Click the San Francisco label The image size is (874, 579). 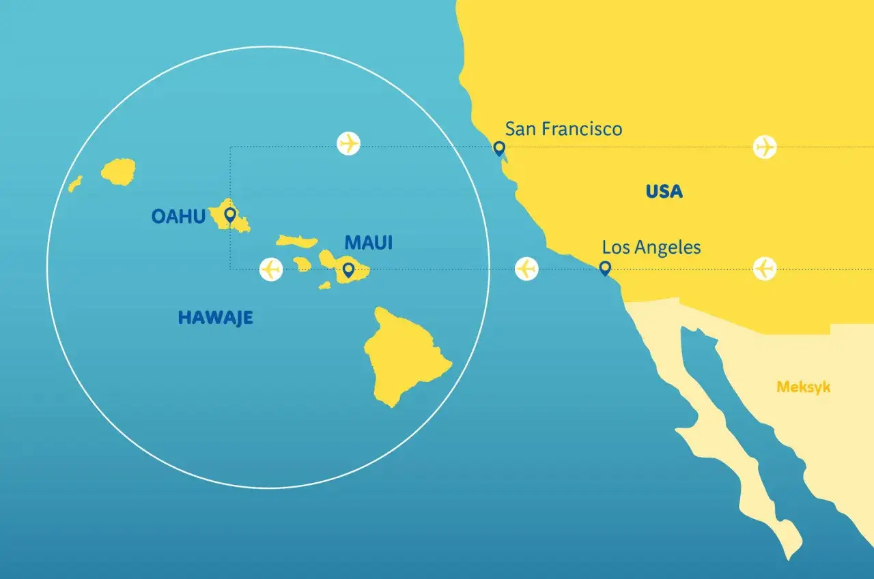pyautogui.click(x=563, y=128)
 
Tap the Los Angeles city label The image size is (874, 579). pyautogui.click(x=651, y=247)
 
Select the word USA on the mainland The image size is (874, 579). pyautogui.click(x=664, y=191)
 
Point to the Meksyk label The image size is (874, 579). pyautogui.click(x=803, y=387)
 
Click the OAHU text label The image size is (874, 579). pyautogui.click(x=178, y=216)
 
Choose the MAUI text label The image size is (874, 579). pyautogui.click(x=369, y=242)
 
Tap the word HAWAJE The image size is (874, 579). pyautogui.click(x=215, y=317)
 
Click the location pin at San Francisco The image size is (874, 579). pyautogui.click(x=499, y=148)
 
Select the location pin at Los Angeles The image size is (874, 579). pyautogui.click(x=604, y=268)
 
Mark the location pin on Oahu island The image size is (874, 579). pyautogui.click(x=229, y=216)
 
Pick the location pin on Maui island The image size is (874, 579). pyautogui.click(x=348, y=270)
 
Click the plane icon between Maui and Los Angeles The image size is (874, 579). pyautogui.click(x=526, y=269)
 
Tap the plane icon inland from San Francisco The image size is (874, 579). pyautogui.click(x=765, y=147)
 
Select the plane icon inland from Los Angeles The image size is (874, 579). pyautogui.click(x=765, y=269)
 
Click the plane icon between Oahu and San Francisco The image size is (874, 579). pyautogui.click(x=349, y=144)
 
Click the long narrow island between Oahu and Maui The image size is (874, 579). pyautogui.click(x=297, y=241)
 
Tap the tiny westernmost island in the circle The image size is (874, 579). pyautogui.click(x=75, y=183)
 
